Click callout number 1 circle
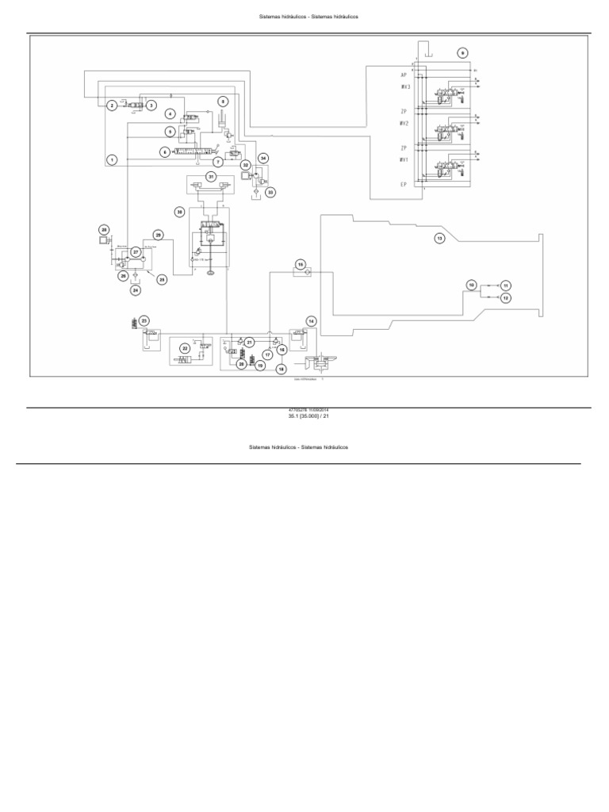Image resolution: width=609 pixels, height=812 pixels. click(113, 159)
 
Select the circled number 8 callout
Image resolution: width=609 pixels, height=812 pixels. click(223, 101)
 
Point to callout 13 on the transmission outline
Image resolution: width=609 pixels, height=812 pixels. click(439, 238)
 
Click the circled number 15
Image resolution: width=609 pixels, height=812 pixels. click(301, 264)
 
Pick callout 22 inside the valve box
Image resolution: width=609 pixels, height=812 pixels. click(184, 348)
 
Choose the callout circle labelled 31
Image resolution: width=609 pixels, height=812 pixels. click(212, 176)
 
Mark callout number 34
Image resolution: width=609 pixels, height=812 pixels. click(264, 158)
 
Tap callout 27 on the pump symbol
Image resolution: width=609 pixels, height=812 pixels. click(136, 251)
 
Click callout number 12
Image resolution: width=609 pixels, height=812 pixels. click(505, 297)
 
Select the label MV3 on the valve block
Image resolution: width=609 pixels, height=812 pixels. click(404, 87)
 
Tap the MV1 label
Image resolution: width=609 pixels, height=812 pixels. click(404, 159)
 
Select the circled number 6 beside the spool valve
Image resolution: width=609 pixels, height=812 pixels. click(165, 151)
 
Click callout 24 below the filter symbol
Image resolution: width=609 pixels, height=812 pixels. click(136, 290)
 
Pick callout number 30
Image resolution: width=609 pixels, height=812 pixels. click(180, 212)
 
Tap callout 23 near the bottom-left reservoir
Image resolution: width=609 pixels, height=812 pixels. click(144, 320)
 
